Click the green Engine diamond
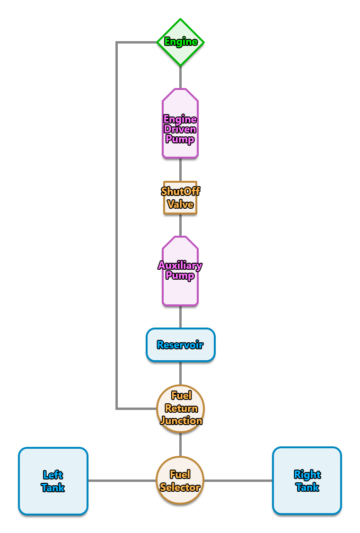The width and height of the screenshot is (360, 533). pyautogui.click(x=180, y=42)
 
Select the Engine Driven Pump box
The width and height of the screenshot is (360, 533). pyautogui.click(x=180, y=123)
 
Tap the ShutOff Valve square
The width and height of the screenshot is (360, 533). pyautogui.click(x=180, y=198)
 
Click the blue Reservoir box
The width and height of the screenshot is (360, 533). pyautogui.click(x=180, y=345)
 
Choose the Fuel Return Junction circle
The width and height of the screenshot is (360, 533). pyautogui.click(x=180, y=408)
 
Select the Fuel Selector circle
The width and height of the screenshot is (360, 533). pyautogui.click(x=180, y=480)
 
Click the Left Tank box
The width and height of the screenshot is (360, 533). pyautogui.click(x=53, y=481)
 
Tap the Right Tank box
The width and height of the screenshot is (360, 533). pyautogui.click(x=307, y=480)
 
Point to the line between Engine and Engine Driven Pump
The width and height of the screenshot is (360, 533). pyautogui.click(x=180, y=78)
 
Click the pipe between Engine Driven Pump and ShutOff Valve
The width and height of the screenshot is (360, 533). pyautogui.click(x=180, y=169)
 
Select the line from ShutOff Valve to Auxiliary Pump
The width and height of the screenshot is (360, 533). pyautogui.click(x=180, y=225)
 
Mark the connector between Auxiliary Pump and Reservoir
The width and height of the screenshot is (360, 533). pyautogui.click(x=180, y=317)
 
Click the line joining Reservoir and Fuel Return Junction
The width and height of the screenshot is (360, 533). pyautogui.click(x=180, y=373)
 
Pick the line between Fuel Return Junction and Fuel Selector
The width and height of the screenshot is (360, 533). pyautogui.click(x=180, y=444)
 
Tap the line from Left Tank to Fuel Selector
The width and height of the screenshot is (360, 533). pyautogui.click(x=122, y=481)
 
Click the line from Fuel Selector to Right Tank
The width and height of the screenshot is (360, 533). pyautogui.click(x=238, y=481)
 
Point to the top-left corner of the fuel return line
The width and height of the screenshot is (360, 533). pyautogui.click(x=117, y=43)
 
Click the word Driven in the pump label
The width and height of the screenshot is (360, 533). pyautogui.click(x=180, y=129)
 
